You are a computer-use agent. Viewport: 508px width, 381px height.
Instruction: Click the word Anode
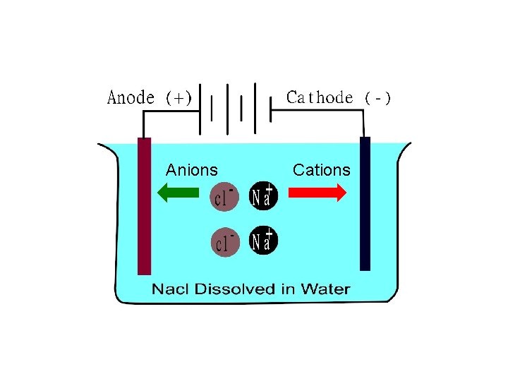coord(131,97)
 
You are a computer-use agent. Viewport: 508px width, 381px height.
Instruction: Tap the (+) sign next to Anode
coord(179,98)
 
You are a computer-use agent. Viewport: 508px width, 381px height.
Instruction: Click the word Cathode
coord(320,97)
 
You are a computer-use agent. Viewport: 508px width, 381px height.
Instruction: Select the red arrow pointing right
coord(317,192)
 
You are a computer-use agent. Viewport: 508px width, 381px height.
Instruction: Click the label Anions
coord(191,170)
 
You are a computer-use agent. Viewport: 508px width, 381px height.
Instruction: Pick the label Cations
coord(321,170)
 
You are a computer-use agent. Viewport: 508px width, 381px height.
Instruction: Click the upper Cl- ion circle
coord(225,197)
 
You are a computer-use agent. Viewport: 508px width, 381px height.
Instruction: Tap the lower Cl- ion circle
coord(225,242)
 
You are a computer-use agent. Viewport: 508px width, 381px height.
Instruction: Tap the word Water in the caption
coord(325,289)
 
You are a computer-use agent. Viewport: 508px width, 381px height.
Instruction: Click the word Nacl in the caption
coord(171,289)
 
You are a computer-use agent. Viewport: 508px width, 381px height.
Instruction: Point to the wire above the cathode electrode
coord(365,121)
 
